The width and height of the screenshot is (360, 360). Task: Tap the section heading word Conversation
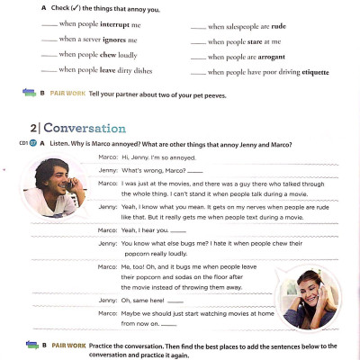tap(85, 128)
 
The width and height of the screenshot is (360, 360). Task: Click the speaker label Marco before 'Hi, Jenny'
tap(106, 157)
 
